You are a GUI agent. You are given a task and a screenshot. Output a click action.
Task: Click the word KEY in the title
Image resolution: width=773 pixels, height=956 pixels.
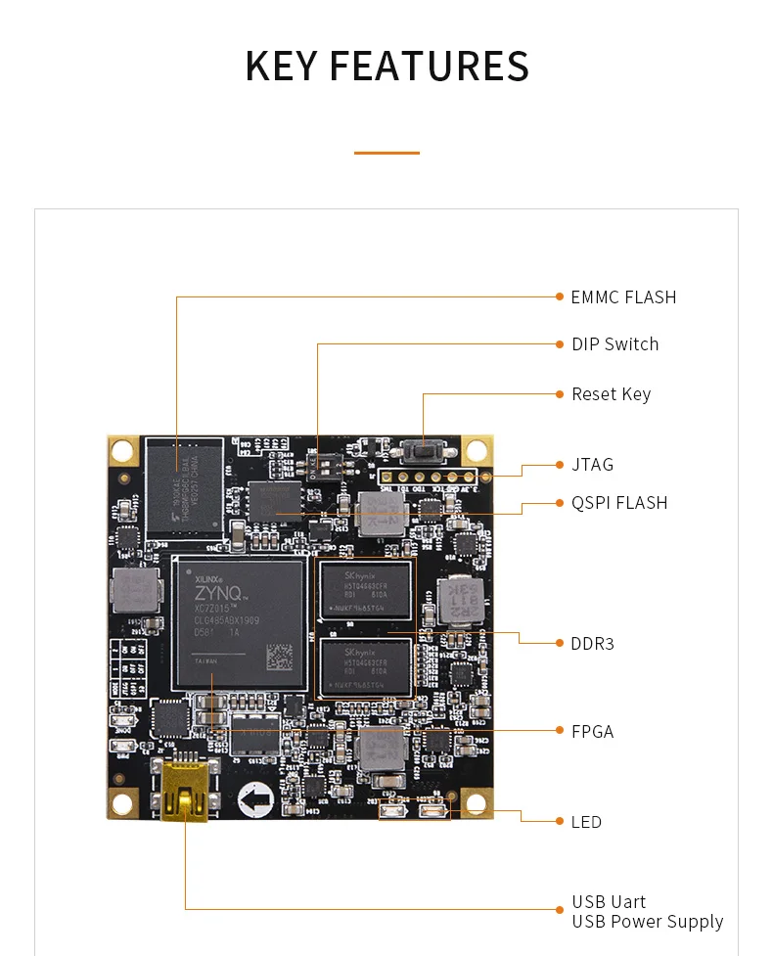(x=282, y=66)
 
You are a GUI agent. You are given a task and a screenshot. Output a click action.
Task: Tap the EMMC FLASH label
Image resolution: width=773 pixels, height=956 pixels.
(x=623, y=297)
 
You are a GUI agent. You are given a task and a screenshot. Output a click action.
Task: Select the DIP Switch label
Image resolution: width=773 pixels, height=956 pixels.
(x=614, y=344)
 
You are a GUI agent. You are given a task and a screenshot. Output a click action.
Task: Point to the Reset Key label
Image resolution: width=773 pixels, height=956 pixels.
(x=611, y=394)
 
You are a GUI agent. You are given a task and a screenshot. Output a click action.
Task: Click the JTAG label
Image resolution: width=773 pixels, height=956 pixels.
(x=592, y=465)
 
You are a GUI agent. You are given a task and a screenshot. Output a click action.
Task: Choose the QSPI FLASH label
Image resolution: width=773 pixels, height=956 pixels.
(x=618, y=503)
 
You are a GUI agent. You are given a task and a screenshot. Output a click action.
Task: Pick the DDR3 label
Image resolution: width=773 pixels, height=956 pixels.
(x=592, y=644)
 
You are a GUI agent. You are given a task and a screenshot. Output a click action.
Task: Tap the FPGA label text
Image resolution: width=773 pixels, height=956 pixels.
(x=592, y=732)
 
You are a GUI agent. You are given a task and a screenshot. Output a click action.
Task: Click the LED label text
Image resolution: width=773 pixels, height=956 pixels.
(x=586, y=822)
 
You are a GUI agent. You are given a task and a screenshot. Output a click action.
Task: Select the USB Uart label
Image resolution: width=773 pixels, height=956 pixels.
(x=609, y=902)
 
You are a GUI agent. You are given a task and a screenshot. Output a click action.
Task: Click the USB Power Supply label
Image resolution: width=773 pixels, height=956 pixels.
(x=647, y=922)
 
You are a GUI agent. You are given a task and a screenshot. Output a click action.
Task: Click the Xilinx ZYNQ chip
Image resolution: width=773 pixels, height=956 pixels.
(x=238, y=622)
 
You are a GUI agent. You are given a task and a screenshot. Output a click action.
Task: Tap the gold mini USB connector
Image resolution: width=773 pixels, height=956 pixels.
(x=183, y=790)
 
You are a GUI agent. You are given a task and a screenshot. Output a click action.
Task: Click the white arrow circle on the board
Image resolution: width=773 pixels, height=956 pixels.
(x=255, y=800)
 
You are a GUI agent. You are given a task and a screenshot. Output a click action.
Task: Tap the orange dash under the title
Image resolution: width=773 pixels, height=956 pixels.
(x=386, y=153)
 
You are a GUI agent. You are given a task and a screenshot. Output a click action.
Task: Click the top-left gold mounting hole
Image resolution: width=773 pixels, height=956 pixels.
(x=121, y=450)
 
